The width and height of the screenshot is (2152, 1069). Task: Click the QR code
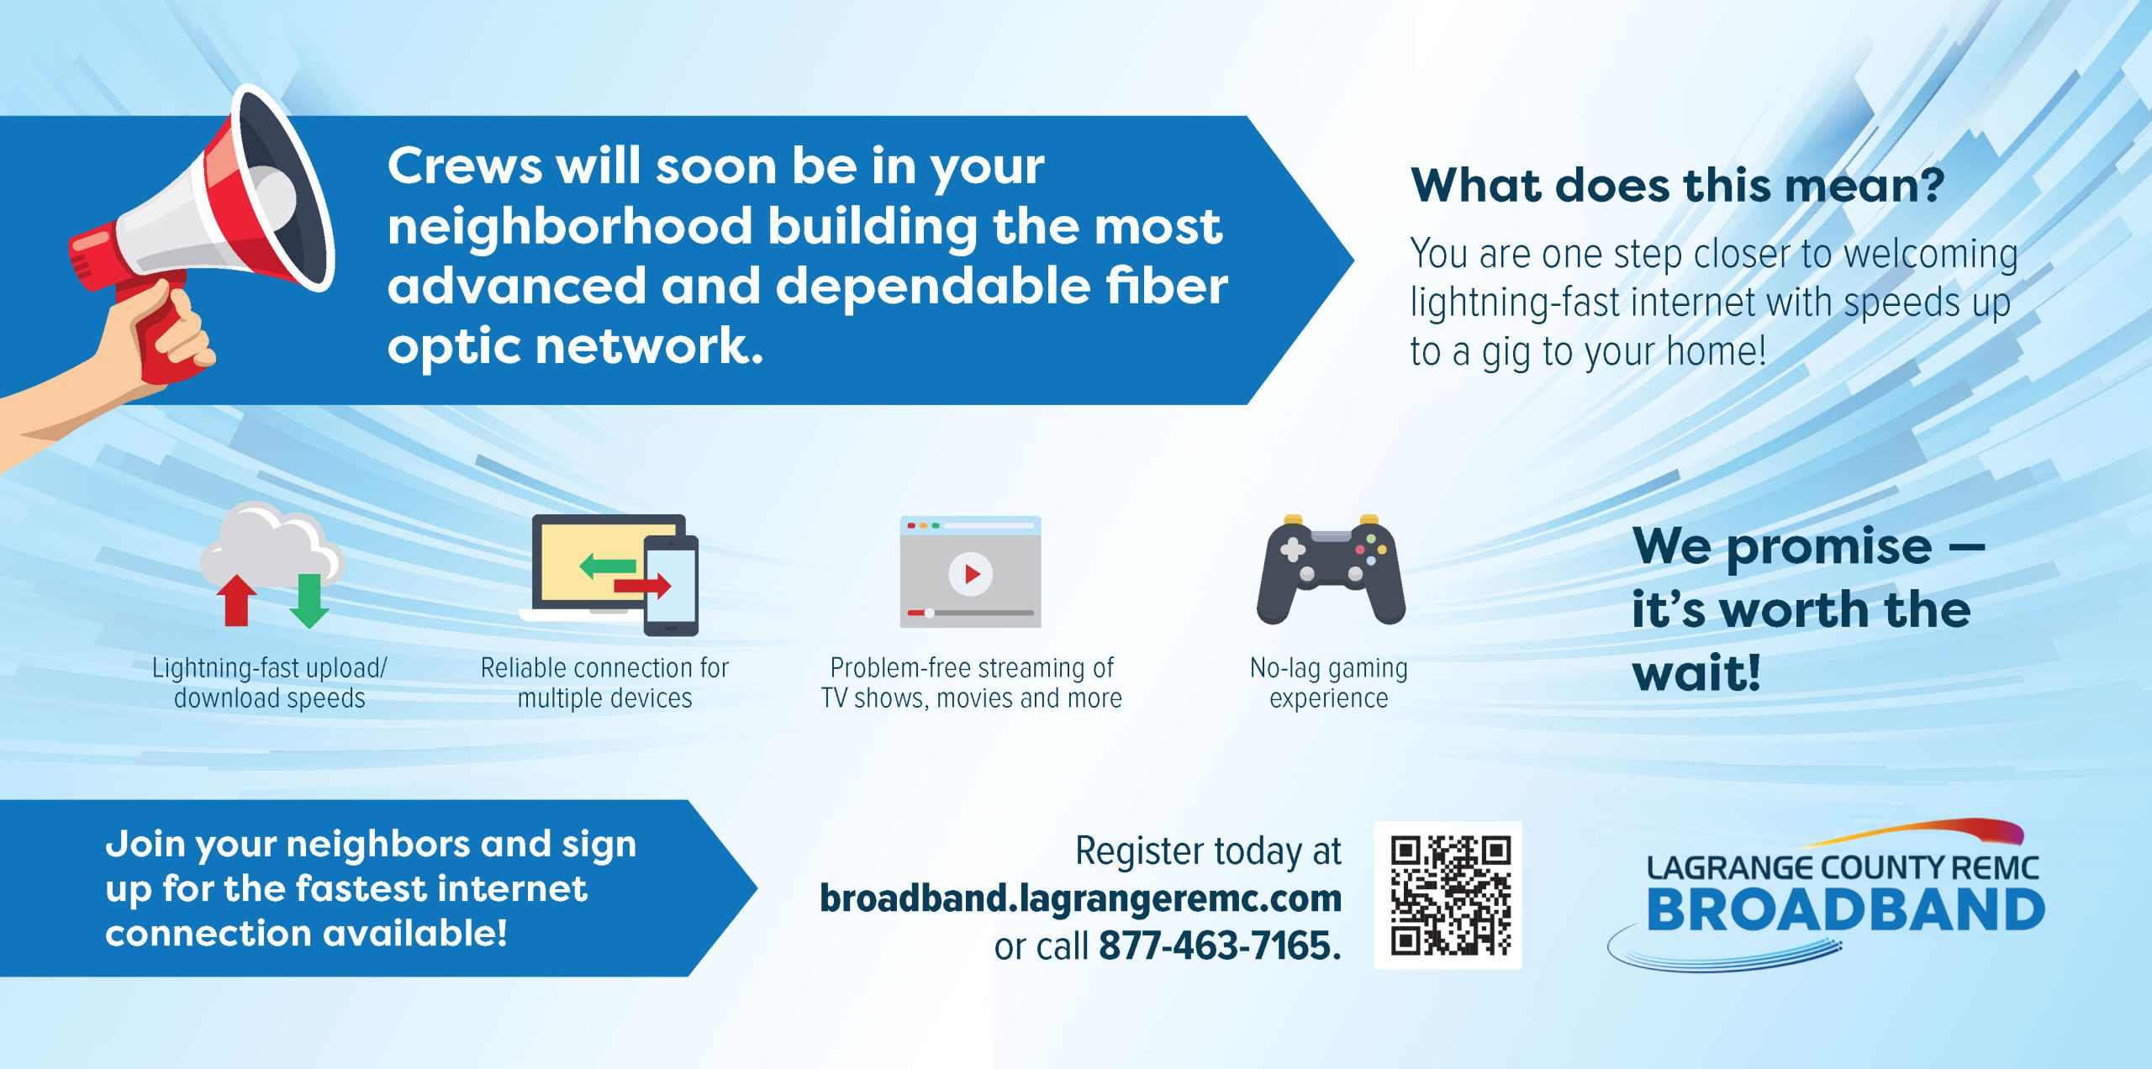pyautogui.click(x=1448, y=895)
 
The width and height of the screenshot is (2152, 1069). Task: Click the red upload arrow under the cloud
pyautogui.click(x=237, y=600)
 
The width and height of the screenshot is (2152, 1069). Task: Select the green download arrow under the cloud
pyautogui.click(x=309, y=601)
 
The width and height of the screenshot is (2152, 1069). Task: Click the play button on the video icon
pyautogui.click(x=970, y=574)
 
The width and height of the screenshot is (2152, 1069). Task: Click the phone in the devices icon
pyautogui.click(x=671, y=585)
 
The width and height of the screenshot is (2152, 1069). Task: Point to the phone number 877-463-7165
pyautogui.click(x=1219, y=946)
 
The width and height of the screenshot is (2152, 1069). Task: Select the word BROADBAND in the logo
pyautogui.click(x=1845, y=909)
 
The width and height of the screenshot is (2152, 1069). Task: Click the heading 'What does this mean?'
pyautogui.click(x=1677, y=185)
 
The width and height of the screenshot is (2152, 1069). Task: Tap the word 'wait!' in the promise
pyautogui.click(x=1696, y=672)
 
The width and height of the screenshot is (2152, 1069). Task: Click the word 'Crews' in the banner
pyautogui.click(x=465, y=166)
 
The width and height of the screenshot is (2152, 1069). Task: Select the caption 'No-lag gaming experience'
pyautogui.click(x=1329, y=682)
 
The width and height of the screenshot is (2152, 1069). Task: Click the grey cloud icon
pyautogui.click(x=271, y=546)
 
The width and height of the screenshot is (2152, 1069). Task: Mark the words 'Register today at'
pyautogui.click(x=1209, y=850)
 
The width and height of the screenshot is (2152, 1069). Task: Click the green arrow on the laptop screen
pyautogui.click(x=607, y=566)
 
